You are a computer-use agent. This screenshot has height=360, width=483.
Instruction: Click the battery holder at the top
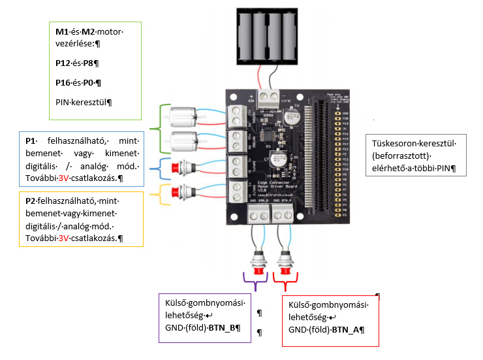[x=264, y=36]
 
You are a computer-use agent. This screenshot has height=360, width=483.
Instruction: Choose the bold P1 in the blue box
[x=29, y=140]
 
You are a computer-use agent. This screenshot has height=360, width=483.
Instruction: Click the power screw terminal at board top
[x=269, y=97]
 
